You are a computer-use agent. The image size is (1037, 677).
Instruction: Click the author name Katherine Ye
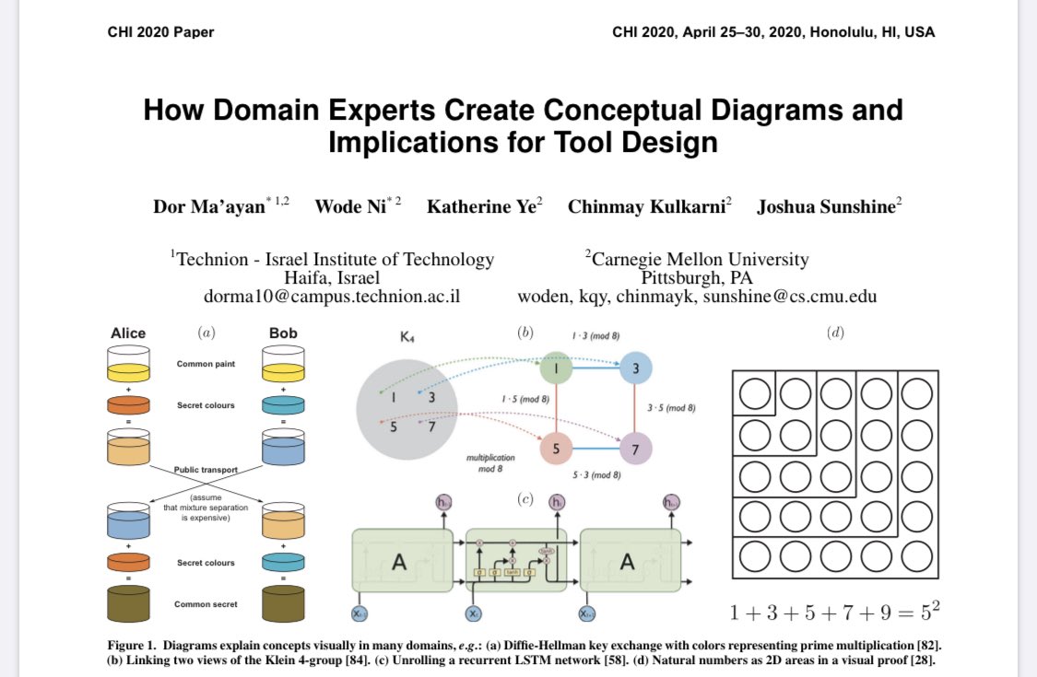tap(483, 206)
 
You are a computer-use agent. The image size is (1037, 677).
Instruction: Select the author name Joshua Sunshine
tap(828, 206)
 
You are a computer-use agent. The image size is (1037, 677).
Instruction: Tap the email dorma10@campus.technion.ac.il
tap(332, 297)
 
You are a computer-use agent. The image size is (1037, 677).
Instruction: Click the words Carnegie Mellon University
tap(700, 260)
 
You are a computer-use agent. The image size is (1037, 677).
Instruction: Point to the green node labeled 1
tap(557, 368)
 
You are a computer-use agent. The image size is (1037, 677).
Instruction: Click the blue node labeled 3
tap(636, 368)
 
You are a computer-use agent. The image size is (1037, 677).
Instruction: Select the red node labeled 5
tap(557, 449)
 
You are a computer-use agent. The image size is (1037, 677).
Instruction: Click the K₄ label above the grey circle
tap(407, 338)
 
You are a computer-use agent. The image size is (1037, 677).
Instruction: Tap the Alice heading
tap(128, 333)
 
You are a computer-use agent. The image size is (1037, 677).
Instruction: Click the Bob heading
tap(283, 333)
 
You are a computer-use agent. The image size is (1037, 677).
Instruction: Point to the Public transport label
tap(206, 470)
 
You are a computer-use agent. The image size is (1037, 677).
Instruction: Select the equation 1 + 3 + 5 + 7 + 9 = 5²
tap(834, 612)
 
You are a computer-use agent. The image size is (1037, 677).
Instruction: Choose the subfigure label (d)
tap(835, 333)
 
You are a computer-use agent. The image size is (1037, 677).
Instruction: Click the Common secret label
tap(206, 604)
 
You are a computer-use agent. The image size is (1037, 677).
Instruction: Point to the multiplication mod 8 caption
tap(491, 462)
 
